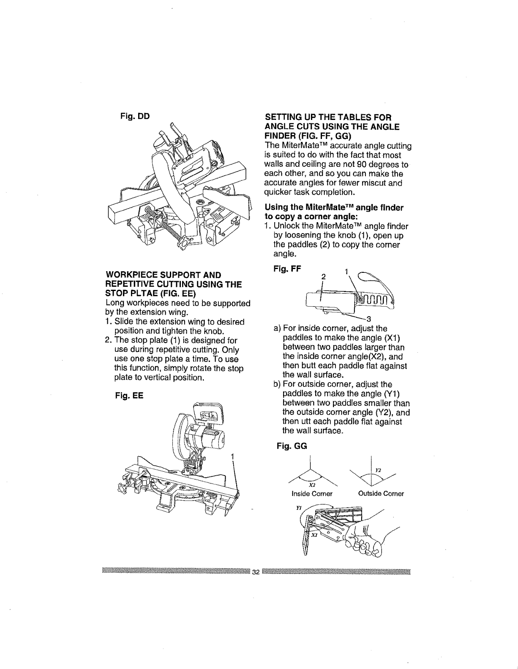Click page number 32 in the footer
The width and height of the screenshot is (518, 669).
256,573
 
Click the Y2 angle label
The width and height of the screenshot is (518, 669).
379,470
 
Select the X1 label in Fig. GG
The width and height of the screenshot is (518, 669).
314,534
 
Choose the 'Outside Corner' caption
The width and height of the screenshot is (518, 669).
381,494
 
